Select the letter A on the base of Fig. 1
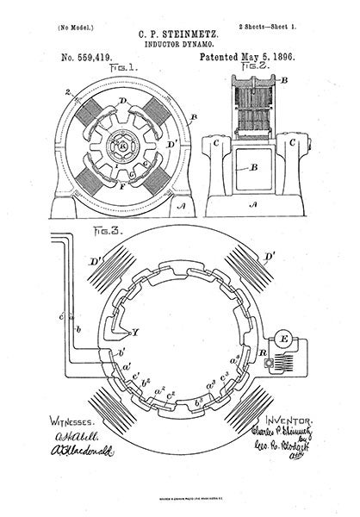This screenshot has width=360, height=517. (x=178, y=207)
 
